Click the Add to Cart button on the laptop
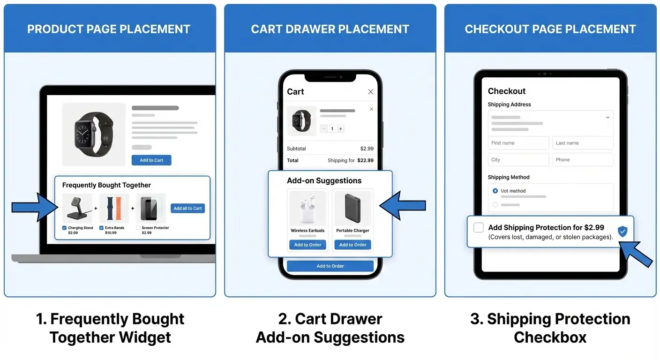tap(151, 160)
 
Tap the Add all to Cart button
tap(187, 208)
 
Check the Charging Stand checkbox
tap(64, 228)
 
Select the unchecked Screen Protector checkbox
tap(138, 228)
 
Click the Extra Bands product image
tap(114, 208)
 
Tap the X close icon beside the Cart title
tap(371, 92)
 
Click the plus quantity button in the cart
tap(341, 128)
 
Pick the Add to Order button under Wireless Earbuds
tap(307, 245)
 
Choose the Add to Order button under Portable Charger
tap(352, 245)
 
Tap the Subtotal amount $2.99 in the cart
tap(367, 149)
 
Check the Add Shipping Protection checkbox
tap(479, 228)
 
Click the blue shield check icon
tap(622, 231)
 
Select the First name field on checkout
tap(518, 143)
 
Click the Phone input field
tap(583, 160)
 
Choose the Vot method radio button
tap(495, 191)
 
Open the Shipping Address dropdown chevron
tap(607, 118)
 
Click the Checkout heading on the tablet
tap(507, 91)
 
